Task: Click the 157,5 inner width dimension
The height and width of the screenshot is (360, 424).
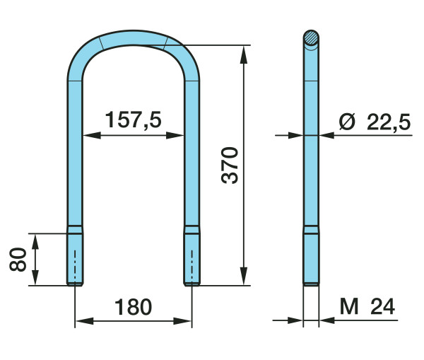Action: click(134, 120)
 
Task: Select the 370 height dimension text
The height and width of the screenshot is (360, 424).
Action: click(230, 166)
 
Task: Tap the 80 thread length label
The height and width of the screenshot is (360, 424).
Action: click(18, 260)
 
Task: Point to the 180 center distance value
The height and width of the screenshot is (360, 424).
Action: click(134, 307)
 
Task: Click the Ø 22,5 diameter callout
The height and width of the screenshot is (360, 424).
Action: click(375, 122)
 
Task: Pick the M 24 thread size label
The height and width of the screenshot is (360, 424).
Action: click(367, 306)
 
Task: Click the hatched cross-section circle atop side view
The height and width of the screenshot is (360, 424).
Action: click(311, 37)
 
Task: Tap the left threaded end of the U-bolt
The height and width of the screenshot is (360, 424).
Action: click(75, 256)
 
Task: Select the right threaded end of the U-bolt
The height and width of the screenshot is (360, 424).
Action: click(192, 256)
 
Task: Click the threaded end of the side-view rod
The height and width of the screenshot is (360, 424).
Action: click(311, 256)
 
